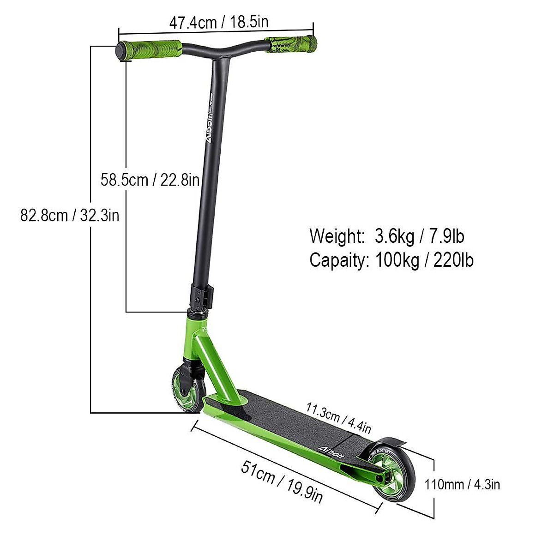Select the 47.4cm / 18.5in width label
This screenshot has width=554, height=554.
(x=219, y=22)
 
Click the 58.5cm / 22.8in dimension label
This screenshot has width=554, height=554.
(x=150, y=180)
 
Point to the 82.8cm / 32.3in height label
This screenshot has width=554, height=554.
(x=70, y=215)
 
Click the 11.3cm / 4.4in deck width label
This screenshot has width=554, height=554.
(x=338, y=418)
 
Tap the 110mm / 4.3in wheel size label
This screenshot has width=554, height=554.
(x=462, y=484)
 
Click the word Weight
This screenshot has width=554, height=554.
(x=337, y=236)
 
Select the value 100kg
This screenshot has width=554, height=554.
(x=397, y=260)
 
